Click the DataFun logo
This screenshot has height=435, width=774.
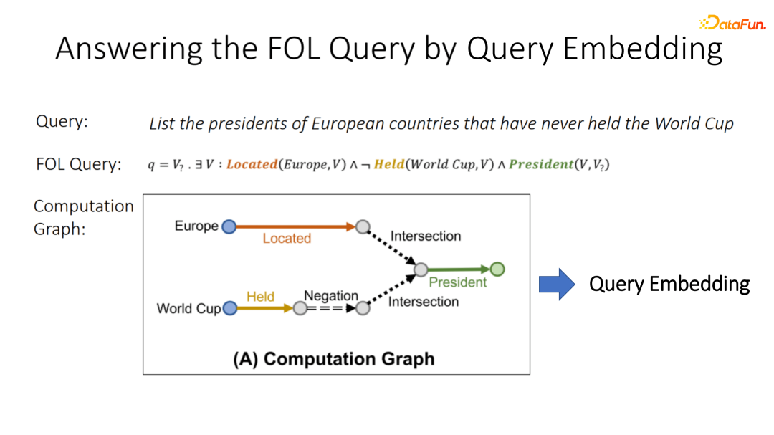coord(732,23)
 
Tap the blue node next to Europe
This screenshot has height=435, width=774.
coord(229,227)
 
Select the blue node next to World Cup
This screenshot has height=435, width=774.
coord(230,308)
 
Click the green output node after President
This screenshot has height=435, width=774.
coord(497,269)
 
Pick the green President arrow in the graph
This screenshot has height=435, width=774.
coord(459,269)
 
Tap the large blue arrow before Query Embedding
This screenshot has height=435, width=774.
coord(557,284)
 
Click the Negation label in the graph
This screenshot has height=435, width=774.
coord(330,295)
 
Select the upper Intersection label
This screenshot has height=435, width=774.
coord(425,236)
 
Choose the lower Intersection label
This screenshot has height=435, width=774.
coord(423,302)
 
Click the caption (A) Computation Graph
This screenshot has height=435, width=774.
coord(334,358)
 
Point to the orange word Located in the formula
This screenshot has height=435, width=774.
coord(252,164)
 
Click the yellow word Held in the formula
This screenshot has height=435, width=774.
coord(389,164)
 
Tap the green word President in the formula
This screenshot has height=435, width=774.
coord(542,164)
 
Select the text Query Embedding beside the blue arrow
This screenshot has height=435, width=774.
coord(669,284)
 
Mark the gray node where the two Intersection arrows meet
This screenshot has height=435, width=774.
coord(421,269)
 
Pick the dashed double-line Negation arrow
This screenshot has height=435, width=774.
coord(330,308)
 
